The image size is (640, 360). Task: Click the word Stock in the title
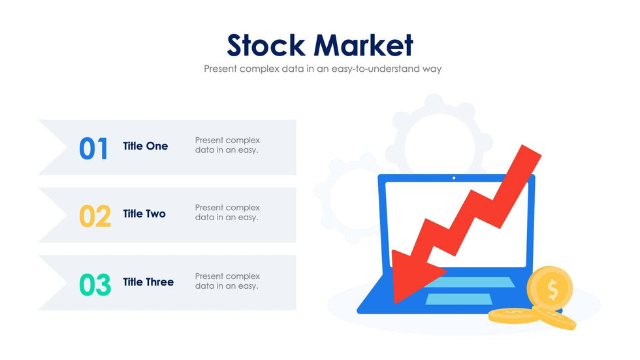(x=266, y=46)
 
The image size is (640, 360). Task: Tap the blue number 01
(x=93, y=148)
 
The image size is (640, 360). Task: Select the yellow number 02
(x=95, y=216)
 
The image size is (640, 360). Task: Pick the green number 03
(x=95, y=285)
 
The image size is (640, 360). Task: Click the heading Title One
(x=145, y=146)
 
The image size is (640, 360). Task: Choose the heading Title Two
(x=144, y=214)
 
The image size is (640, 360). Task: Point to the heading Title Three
(x=148, y=282)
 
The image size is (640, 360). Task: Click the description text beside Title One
(x=227, y=145)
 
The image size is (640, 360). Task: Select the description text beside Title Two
(x=227, y=212)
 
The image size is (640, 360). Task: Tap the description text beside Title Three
(x=227, y=281)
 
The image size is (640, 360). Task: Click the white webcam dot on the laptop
(x=455, y=178)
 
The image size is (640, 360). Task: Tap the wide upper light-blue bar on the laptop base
(x=470, y=282)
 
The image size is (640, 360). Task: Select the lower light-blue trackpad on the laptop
(x=458, y=299)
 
